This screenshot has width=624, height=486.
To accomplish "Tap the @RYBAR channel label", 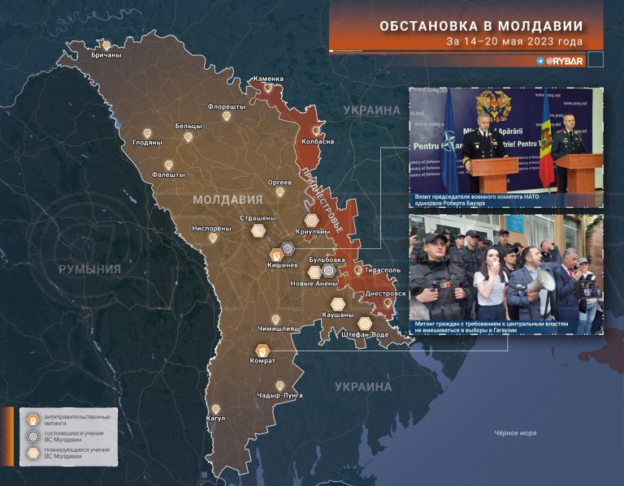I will (x=561, y=61).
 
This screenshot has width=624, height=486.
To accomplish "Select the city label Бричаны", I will (x=106, y=55).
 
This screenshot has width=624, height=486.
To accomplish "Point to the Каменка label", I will (x=268, y=79).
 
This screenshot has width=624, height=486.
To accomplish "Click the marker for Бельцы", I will (x=188, y=136).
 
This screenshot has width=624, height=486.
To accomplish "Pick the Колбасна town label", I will (x=318, y=141).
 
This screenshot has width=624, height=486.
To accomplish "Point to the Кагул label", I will (x=215, y=419).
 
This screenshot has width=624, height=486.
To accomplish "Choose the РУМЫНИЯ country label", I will (x=89, y=269).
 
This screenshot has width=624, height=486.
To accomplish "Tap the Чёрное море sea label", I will (x=515, y=433).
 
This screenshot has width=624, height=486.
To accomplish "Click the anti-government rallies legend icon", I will (x=32, y=419).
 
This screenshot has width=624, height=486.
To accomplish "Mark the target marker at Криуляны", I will (x=311, y=219).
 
